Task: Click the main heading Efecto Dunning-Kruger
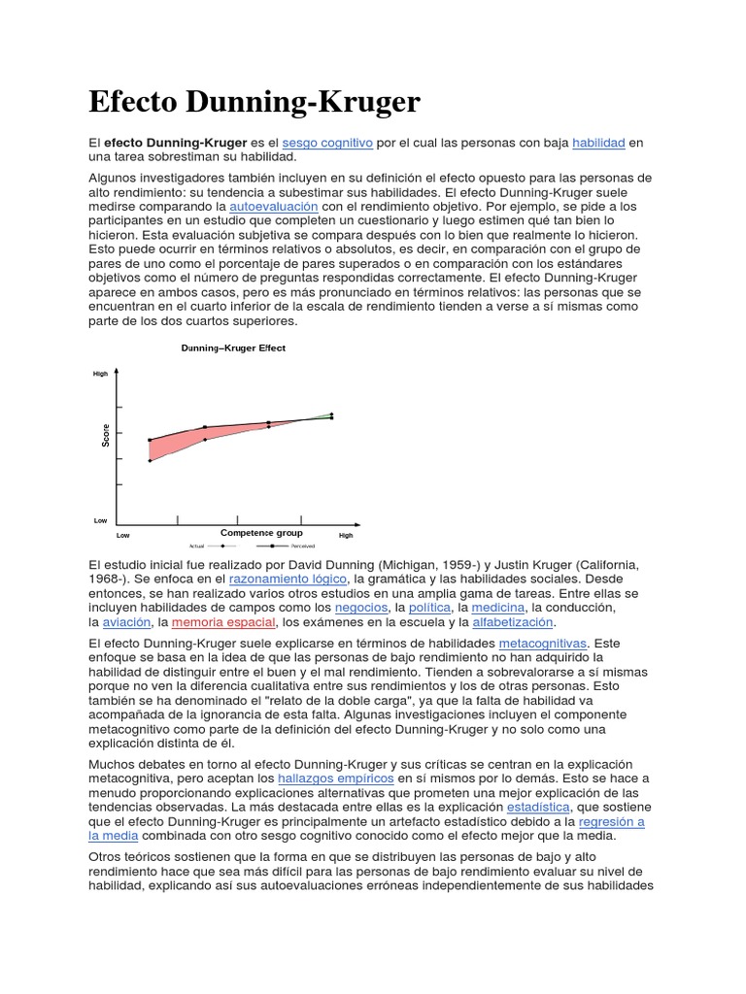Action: click(x=254, y=102)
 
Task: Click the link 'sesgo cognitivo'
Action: click(x=327, y=143)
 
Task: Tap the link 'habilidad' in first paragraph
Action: click(x=598, y=143)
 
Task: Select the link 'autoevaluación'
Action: click(x=273, y=207)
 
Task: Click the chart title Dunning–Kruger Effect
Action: click(x=233, y=348)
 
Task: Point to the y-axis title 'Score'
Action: click(x=106, y=436)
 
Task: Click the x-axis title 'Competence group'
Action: click(x=261, y=533)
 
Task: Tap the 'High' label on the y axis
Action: click(x=100, y=374)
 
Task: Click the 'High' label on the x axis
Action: click(x=346, y=535)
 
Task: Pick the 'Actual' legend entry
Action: click(x=196, y=546)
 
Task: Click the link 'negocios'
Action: click(x=360, y=607)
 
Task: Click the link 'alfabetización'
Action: click(x=512, y=621)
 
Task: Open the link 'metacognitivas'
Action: click(x=543, y=643)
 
